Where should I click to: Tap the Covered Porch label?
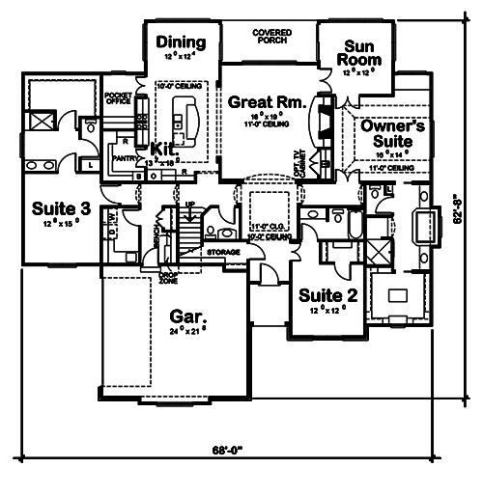[x=272, y=36]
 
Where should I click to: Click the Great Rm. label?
[x=267, y=99]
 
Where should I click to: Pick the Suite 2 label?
[x=328, y=295]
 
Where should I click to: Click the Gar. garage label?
[x=185, y=316]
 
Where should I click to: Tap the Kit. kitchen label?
[x=162, y=150]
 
